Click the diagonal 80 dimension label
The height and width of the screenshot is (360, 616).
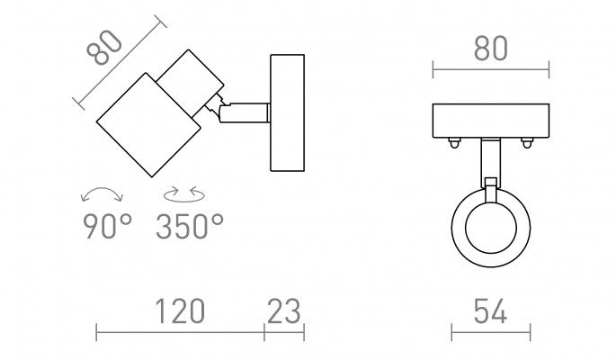[104, 48]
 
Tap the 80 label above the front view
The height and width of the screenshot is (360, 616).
[491, 49]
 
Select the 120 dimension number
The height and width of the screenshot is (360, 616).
[180, 310]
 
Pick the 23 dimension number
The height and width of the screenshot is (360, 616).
[283, 310]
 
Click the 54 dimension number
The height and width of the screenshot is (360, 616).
[490, 310]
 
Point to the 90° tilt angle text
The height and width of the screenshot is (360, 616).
[107, 226]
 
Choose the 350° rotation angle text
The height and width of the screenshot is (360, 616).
[190, 226]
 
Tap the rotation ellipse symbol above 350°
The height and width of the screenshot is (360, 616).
[183, 194]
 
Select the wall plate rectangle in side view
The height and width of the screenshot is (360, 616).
[288, 112]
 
